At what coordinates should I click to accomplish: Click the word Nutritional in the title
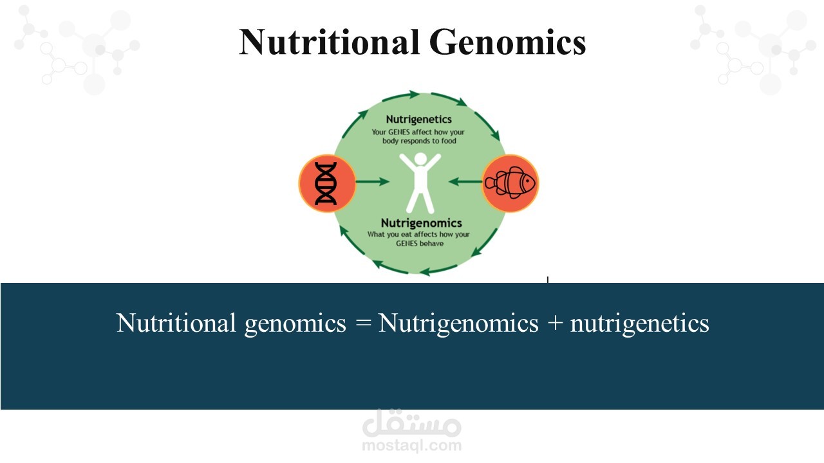click(330, 42)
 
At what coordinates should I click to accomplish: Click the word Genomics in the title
click(508, 42)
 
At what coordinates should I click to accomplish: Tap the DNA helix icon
click(326, 183)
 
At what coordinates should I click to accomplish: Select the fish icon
click(510, 183)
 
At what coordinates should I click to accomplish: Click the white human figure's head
click(420, 159)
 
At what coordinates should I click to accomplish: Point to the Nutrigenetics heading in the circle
click(418, 120)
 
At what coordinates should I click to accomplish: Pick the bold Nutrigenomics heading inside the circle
click(421, 223)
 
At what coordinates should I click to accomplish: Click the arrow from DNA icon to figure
click(372, 181)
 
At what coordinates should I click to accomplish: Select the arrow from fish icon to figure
click(465, 181)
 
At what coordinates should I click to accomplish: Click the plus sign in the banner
click(555, 323)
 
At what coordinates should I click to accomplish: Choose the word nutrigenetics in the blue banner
click(640, 323)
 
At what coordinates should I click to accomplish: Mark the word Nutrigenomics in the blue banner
click(458, 323)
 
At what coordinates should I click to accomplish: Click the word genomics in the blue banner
click(295, 323)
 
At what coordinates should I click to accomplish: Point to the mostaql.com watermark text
click(411, 446)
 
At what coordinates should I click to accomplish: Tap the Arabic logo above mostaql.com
click(411, 423)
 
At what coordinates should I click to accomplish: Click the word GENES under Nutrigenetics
click(398, 132)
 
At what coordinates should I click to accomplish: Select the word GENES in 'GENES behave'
click(407, 244)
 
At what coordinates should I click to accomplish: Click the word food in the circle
click(449, 141)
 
